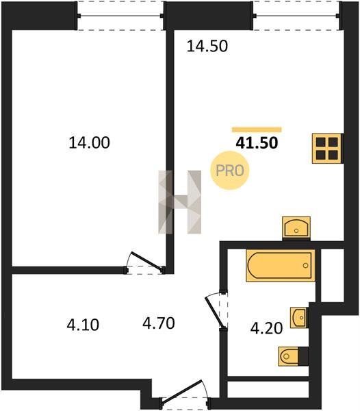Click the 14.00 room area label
pyautogui.click(x=89, y=143)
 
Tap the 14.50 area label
pyautogui.click(x=207, y=47)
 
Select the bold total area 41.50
pyautogui.click(x=257, y=143)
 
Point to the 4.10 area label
pyautogui.click(x=83, y=325)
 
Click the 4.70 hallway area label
pyautogui.click(x=159, y=323)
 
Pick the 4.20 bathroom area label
pyautogui.click(x=266, y=328)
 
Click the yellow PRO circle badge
pyautogui.click(x=230, y=171)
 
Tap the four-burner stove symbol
pyautogui.click(x=327, y=149)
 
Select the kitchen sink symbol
pyautogui.click(x=296, y=227)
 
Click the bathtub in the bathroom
pyautogui.click(x=281, y=266)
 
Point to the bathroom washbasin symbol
pyautogui.click(x=298, y=318)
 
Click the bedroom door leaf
pyautogui.click(x=146, y=261)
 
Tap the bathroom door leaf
pyautogui.click(x=215, y=312)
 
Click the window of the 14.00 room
pyautogui.click(x=120, y=16)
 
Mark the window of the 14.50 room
pyautogui.click(x=296, y=16)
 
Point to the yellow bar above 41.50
pyautogui.click(x=257, y=129)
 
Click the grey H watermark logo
pyautogui.click(x=180, y=202)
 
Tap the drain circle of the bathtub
pyautogui.click(x=305, y=266)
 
